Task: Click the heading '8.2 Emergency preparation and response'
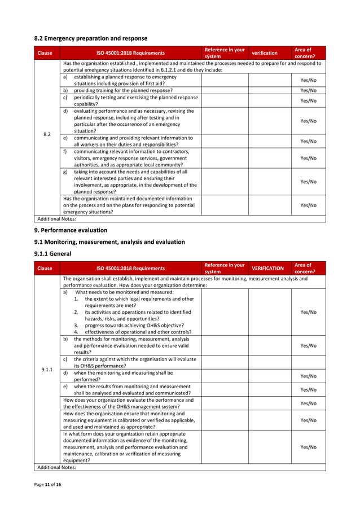(x=91, y=38)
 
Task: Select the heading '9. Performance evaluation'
(x=71, y=230)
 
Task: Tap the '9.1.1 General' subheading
(x=53, y=253)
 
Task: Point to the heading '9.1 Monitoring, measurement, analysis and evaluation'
(x=109, y=242)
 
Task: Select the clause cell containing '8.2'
(x=47, y=134)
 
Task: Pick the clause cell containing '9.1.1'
(x=47, y=370)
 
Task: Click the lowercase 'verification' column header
(x=264, y=53)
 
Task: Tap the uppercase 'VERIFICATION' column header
(x=267, y=269)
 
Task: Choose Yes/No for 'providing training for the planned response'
(x=308, y=90)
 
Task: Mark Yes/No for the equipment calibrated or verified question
(x=308, y=420)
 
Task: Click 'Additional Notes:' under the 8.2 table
(x=55, y=218)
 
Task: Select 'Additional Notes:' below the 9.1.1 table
(x=55, y=467)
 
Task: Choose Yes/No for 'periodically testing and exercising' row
(x=308, y=100)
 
